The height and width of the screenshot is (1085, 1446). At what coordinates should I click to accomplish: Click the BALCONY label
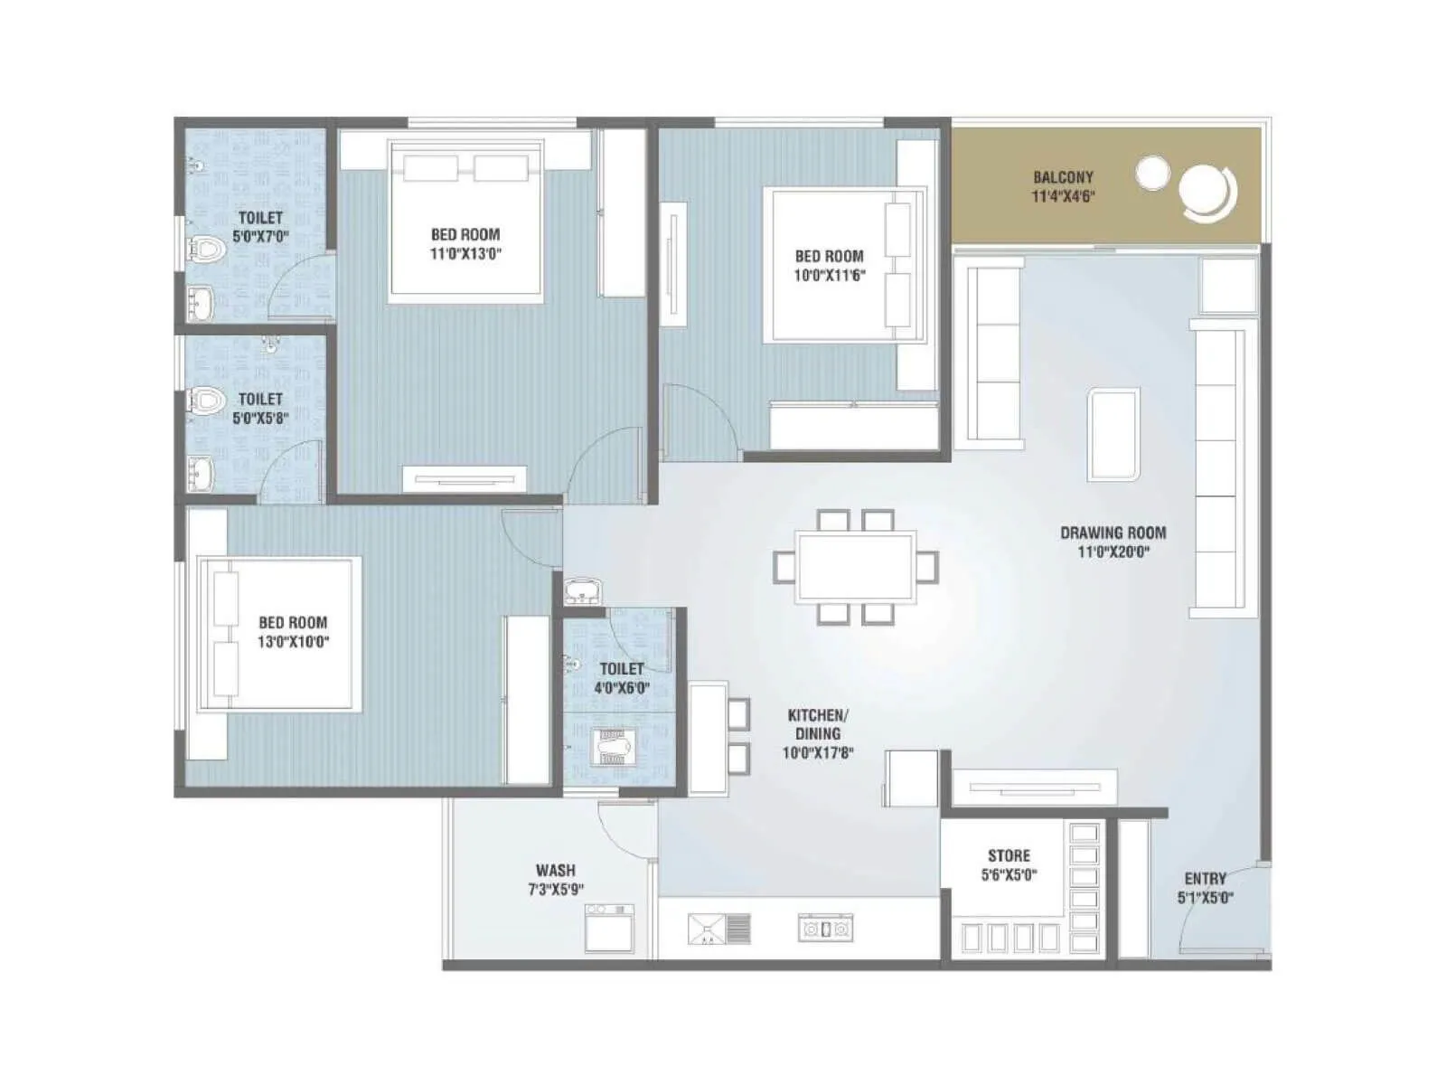pos(1063,177)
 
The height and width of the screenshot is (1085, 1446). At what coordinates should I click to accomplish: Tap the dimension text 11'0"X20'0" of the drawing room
pos(1113,552)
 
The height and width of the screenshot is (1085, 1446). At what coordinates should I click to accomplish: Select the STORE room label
pos(1009,855)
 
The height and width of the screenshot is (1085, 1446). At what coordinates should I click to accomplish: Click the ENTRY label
pos(1206,879)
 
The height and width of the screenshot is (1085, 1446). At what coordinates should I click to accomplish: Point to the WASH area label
pos(555,871)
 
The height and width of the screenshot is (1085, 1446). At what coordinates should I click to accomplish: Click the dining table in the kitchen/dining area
pos(855,568)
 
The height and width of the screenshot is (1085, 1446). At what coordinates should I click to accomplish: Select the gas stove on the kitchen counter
pos(825,929)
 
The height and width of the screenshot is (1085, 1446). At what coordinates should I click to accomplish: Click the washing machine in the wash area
pos(609,928)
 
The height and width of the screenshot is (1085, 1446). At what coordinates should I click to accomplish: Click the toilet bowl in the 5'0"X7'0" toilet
pos(207,249)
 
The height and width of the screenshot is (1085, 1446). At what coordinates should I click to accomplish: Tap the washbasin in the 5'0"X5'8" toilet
pos(201,472)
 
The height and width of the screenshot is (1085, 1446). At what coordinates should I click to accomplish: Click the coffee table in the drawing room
pos(1113,434)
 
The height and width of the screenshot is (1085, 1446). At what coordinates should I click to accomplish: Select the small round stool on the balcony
pos(1152,173)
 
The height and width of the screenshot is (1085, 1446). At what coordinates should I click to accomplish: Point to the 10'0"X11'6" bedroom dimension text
pos(829,276)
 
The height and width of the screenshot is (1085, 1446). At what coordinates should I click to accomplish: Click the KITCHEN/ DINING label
pos(818,724)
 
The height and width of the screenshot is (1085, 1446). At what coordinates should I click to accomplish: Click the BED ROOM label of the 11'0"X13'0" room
pos(465,234)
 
